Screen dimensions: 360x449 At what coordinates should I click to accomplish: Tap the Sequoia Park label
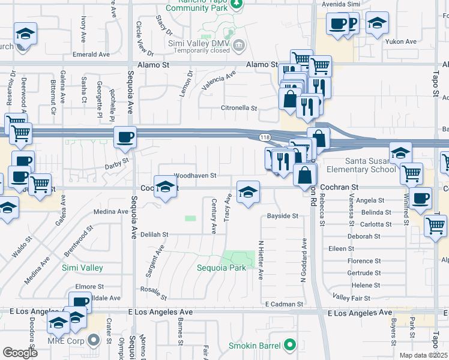221,268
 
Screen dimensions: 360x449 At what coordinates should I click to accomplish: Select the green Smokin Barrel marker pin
291,345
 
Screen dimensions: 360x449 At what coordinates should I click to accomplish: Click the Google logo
20,353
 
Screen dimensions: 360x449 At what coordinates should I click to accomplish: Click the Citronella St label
239,109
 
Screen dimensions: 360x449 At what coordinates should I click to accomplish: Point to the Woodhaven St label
194,176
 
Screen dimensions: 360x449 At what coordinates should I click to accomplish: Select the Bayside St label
283,215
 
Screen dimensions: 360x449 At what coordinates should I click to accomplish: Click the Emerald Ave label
91,54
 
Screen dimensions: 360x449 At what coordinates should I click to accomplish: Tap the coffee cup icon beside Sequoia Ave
125,137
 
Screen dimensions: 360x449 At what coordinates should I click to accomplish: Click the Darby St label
116,163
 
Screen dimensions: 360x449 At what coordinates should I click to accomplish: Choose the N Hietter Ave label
261,260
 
